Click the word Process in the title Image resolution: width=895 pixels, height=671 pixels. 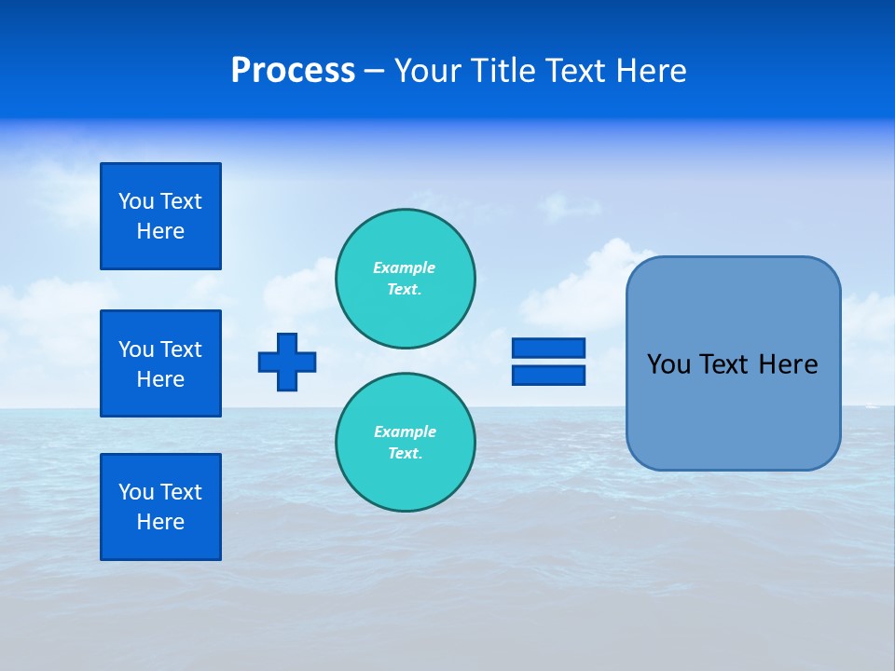293,71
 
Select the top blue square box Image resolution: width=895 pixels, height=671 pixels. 160,216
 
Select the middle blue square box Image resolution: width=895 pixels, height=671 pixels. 160,363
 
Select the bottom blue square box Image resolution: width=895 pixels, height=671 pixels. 160,507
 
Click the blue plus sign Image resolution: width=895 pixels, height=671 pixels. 287,362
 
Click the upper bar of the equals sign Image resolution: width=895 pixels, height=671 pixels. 548,348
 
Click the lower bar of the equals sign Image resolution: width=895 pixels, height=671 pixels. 548,376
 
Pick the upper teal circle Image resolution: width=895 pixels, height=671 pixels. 406,279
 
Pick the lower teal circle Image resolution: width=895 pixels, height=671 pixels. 406,443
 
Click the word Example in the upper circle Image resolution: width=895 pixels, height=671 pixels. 404,267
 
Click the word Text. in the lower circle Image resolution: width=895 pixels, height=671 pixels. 405,454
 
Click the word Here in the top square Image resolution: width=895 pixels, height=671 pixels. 160,231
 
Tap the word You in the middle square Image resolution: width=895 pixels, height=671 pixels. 136,349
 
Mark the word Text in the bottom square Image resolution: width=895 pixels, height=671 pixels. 181,492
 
